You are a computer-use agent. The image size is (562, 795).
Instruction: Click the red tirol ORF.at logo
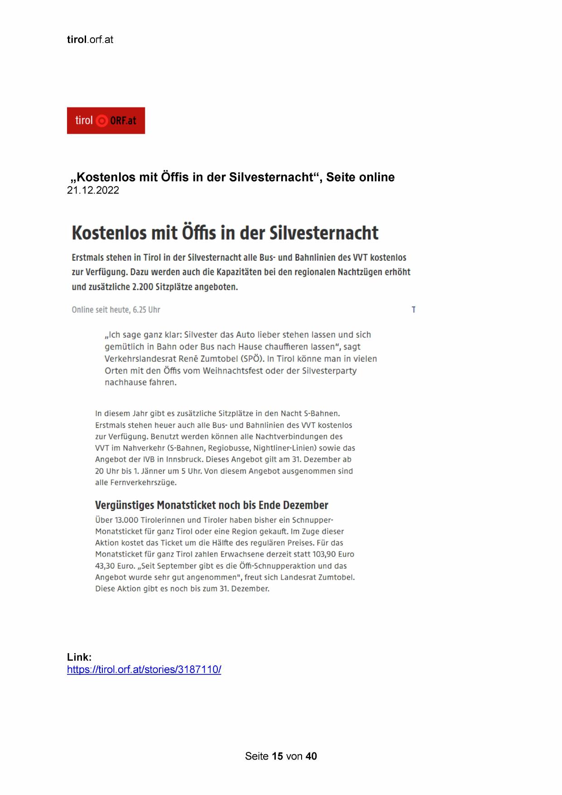tap(106, 121)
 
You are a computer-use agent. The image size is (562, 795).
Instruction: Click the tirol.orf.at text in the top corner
tap(90, 40)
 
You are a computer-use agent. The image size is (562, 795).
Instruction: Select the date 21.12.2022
tap(93, 190)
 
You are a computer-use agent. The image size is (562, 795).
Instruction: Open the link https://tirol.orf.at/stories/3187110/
tap(144, 669)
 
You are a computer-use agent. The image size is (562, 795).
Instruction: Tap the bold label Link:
tap(79, 657)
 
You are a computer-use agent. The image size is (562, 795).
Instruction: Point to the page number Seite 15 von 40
tap(281, 756)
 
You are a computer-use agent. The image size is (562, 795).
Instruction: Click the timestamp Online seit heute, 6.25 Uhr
tap(116, 310)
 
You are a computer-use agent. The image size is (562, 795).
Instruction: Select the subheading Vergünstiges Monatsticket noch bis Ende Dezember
tap(211, 505)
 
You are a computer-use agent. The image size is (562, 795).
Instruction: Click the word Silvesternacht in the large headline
tap(324, 233)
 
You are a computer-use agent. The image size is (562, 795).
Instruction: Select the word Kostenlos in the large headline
tap(109, 233)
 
